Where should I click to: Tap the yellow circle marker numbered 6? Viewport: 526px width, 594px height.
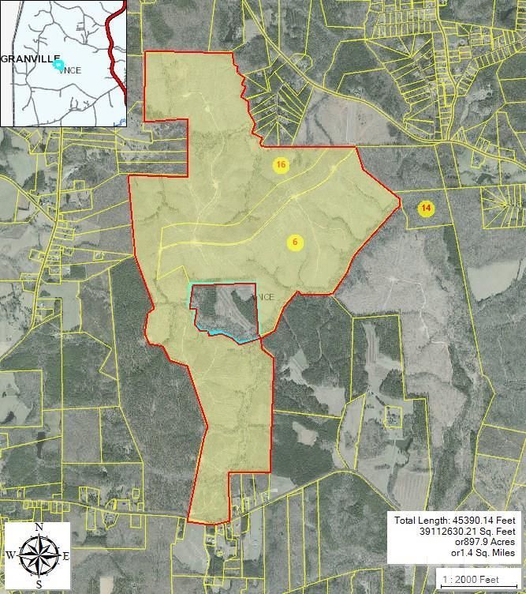coord(295,242)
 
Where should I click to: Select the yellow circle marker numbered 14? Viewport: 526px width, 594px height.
coord(426,209)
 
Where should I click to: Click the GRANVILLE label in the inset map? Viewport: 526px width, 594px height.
coord(30,58)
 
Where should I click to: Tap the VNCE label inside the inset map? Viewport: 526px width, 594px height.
coord(69,70)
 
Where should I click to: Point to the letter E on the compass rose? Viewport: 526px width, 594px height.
coord(65,556)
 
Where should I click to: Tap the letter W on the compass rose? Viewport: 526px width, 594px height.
coord(9,555)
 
